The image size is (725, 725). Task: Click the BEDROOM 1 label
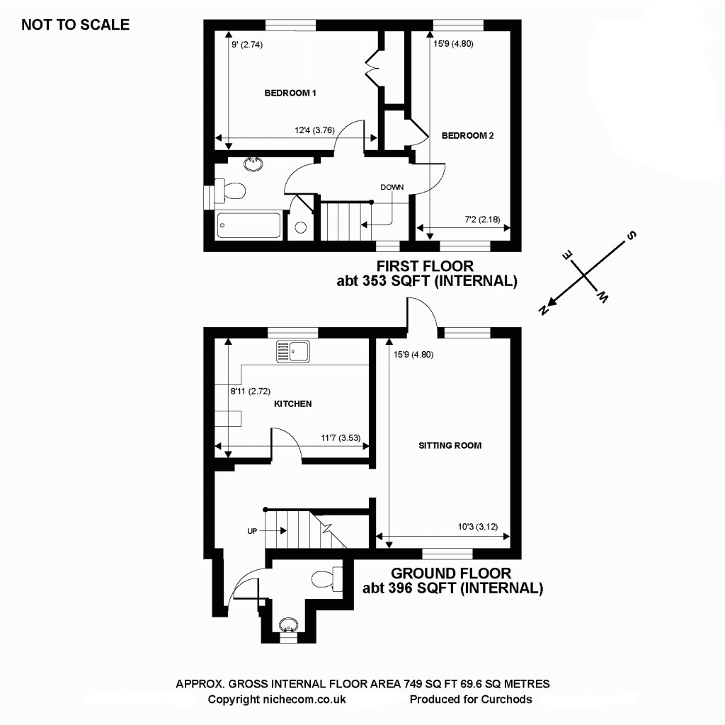(290, 93)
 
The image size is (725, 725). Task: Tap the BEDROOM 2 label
(467, 135)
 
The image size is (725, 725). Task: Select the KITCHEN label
(292, 404)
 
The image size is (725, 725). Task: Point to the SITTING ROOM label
(450, 445)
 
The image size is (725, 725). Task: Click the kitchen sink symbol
(292, 350)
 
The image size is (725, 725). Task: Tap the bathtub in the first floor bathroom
(249, 226)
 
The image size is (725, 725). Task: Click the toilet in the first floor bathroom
(231, 190)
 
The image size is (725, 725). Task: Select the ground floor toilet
(326, 579)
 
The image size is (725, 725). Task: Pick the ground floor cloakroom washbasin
(287, 625)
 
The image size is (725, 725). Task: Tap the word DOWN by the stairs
(392, 188)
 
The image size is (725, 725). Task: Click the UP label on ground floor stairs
(252, 530)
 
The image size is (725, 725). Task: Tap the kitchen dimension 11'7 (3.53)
(341, 438)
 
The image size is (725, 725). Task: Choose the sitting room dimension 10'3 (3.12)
(479, 526)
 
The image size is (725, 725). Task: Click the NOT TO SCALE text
(76, 25)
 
